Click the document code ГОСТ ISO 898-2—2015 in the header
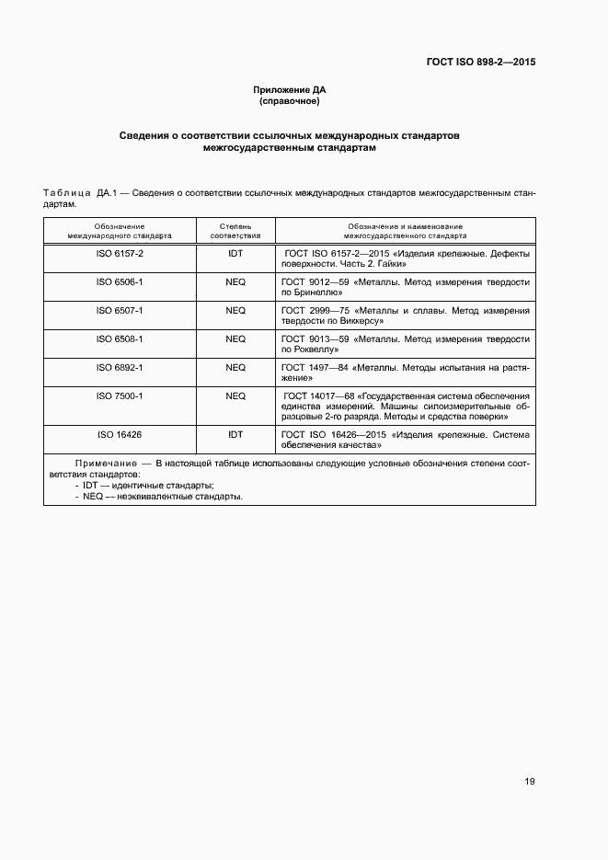coord(480,63)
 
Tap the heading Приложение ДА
coord(289,89)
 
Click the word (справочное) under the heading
coord(289,101)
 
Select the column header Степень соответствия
coord(235,230)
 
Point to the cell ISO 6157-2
coord(120,253)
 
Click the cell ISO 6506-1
coord(120,281)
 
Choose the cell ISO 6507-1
coord(120,310)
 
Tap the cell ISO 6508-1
coord(120,338)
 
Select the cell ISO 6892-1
coord(120,367)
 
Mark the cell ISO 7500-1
coord(120,396)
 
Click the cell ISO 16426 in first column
coord(120,433)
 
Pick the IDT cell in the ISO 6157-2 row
coord(235,253)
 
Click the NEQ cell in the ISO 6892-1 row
coord(235,367)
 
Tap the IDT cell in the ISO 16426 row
coord(235,433)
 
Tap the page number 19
coord(529,781)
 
